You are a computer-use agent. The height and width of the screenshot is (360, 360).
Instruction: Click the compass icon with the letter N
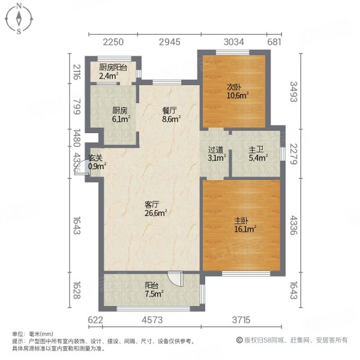tap(19, 19)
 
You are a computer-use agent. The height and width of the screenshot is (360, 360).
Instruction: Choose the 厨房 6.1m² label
tap(119, 115)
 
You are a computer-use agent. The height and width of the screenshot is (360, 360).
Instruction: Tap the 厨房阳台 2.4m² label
tap(113, 71)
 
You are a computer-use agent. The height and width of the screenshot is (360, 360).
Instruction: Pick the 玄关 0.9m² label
tap(97, 162)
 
